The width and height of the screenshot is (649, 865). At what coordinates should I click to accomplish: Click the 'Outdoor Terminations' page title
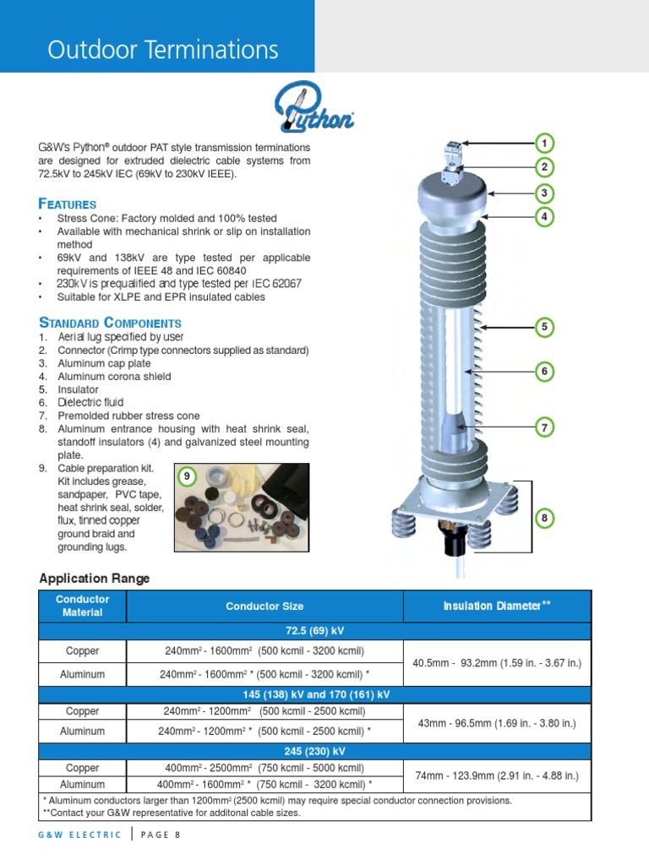(x=163, y=51)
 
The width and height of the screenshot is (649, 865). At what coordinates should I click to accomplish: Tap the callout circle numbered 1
(x=545, y=142)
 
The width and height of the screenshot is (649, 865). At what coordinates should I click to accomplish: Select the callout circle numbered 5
(x=545, y=327)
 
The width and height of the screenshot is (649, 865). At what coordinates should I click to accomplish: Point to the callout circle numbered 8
(x=545, y=518)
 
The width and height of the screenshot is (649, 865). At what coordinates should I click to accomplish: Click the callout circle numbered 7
(x=545, y=428)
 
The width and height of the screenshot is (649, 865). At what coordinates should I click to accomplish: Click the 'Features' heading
(x=68, y=204)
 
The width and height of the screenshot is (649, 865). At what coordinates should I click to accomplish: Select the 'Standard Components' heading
(x=110, y=323)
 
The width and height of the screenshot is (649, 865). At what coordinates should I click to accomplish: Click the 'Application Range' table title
(x=95, y=579)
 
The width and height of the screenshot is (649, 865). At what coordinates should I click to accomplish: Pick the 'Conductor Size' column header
(x=265, y=607)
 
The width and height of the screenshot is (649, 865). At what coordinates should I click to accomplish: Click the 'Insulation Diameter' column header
(x=497, y=607)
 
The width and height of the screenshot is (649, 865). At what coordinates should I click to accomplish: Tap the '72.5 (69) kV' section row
(x=315, y=631)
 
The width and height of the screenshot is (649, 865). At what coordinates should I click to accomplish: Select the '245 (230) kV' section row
(x=315, y=751)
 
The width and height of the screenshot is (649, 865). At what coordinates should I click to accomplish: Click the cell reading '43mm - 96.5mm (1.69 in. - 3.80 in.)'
(x=497, y=723)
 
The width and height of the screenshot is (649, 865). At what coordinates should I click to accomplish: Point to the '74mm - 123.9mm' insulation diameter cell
(x=497, y=775)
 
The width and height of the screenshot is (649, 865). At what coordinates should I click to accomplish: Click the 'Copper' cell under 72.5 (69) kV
(x=82, y=651)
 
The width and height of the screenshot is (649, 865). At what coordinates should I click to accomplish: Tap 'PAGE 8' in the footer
(x=161, y=835)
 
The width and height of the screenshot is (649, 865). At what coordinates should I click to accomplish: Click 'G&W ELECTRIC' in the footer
(x=81, y=835)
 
